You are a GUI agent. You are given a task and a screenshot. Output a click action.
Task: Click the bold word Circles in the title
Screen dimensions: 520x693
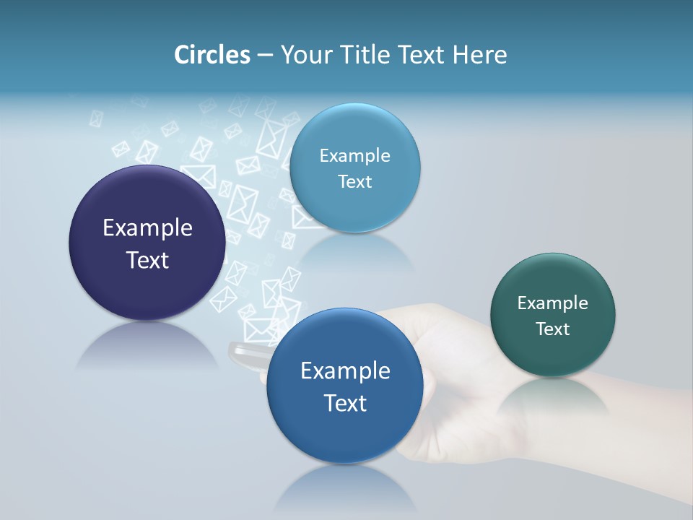click(x=212, y=55)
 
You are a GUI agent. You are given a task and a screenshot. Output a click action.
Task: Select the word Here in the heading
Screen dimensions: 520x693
click(x=480, y=55)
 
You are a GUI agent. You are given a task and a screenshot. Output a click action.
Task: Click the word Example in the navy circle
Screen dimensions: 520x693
click(x=147, y=228)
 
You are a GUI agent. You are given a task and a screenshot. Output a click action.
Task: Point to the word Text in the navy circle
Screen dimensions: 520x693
click(x=147, y=260)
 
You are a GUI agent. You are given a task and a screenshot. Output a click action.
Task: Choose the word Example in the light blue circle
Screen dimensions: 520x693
click(x=354, y=156)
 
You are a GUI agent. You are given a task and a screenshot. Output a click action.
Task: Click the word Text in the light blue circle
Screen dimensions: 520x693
click(x=354, y=182)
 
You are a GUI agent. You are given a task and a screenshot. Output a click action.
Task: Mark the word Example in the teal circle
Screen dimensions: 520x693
click(x=553, y=303)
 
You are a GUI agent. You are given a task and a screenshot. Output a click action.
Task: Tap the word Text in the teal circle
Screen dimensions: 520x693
click(x=553, y=329)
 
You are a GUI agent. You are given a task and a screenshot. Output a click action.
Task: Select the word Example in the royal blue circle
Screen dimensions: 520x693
click(x=345, y=371)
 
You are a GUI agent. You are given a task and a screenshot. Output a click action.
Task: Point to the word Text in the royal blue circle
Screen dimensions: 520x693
click(x=345, y=403)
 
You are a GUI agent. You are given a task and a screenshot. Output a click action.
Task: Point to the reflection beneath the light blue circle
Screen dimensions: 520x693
click(x=355, y=249)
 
